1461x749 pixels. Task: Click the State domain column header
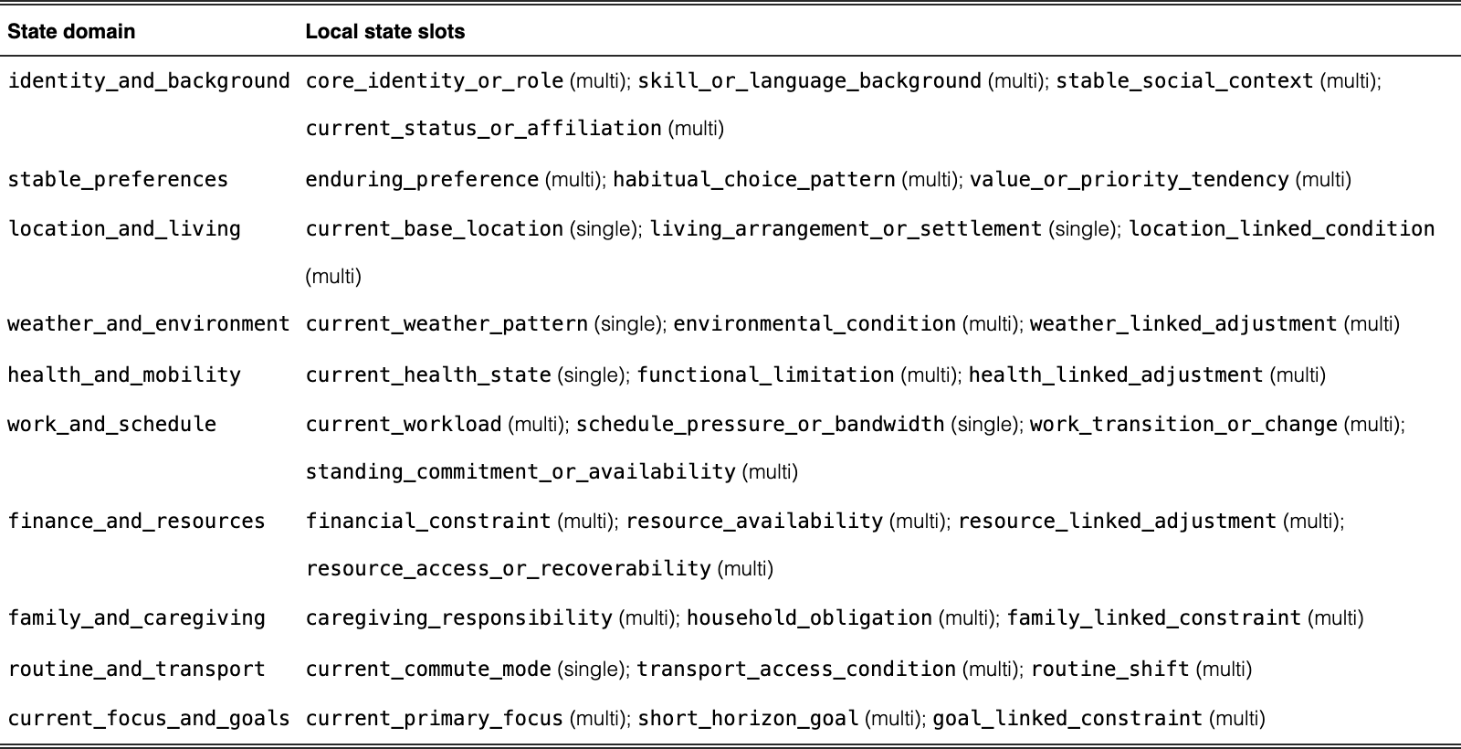(71, 31)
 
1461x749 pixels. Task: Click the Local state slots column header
(384, 31)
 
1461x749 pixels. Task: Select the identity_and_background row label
(149, 81)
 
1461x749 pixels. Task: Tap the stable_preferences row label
(118, 179)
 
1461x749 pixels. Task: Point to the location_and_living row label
(124, 229)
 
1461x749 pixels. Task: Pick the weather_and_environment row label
(149, 323)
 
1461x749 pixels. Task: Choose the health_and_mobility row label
(124, 374)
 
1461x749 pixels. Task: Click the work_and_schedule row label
(111, 424)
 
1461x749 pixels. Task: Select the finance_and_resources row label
(136, 521)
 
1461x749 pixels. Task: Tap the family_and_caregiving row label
(136, 617)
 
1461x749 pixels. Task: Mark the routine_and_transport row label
(136, 669)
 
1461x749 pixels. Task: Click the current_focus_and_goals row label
(149, 718)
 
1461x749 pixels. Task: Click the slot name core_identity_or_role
(435, 81)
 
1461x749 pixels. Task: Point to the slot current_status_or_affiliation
(484, 128)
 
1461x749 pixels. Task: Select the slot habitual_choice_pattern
(754, 179)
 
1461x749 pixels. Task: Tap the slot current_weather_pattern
(447, 323)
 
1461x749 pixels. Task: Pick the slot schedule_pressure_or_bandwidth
(760, 424)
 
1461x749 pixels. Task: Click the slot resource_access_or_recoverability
(508, 568)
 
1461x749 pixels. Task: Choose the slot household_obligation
(809, 617)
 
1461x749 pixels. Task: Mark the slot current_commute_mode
(428, 669)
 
